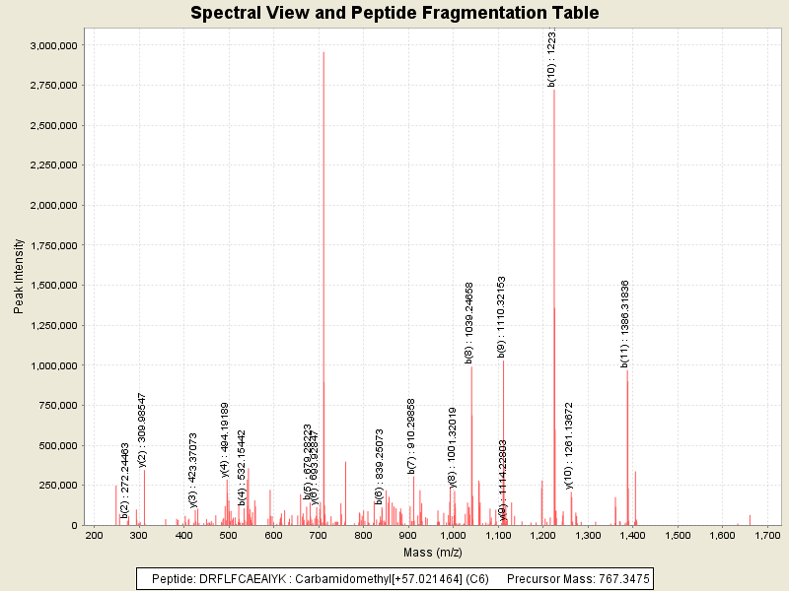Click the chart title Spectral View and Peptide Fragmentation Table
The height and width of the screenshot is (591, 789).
(394, 13)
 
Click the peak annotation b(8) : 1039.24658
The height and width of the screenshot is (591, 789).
(469, 322)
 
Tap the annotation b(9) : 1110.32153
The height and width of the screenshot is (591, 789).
(501, 316)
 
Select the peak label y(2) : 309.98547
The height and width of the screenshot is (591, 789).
(143, 428)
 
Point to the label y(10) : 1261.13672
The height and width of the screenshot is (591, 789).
(569, 444)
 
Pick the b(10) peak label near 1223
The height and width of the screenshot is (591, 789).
(552, 57)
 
